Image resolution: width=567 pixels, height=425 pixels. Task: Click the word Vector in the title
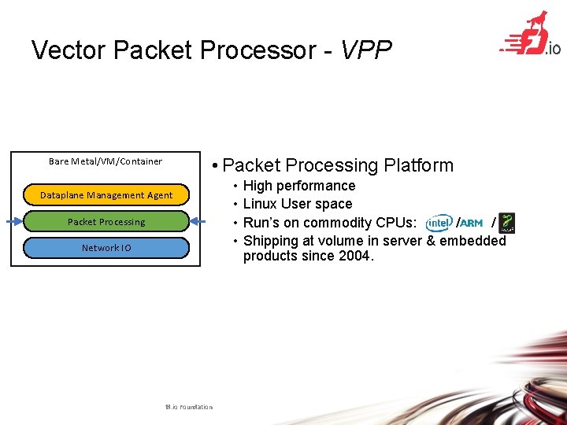pos(69,50)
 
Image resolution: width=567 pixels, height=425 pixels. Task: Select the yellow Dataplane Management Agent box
pos(106,195)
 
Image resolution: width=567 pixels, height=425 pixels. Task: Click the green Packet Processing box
pos(106,222)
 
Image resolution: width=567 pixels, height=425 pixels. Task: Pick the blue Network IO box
pos(106,248)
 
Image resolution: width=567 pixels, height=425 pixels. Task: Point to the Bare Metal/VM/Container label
pos(106,161)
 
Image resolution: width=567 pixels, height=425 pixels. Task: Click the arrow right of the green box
pos(199,222)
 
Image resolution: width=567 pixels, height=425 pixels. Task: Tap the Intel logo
pos(439,223)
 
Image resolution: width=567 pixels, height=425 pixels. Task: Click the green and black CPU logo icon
pos(507,223)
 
